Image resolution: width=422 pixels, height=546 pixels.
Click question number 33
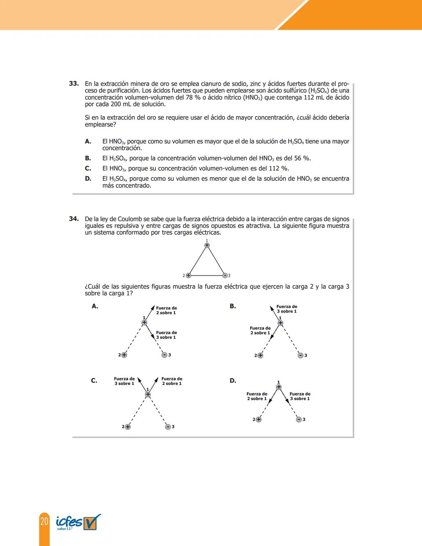click(73, 84)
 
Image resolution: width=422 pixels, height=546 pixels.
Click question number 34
click(73, 219)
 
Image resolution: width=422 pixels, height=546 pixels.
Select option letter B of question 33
click(88, 158)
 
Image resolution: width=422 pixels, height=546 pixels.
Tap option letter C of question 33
click(88, 168)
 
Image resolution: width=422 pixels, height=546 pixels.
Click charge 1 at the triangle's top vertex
click(207, 245)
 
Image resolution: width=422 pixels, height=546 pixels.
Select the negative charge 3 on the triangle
click(225, 276)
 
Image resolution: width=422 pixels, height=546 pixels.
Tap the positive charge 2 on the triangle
click(188, 276)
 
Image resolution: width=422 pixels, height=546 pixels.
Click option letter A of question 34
click(95, 306)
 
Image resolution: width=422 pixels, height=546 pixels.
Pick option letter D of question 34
click(233, 381)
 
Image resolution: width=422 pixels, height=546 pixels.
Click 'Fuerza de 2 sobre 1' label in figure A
click(166, 310)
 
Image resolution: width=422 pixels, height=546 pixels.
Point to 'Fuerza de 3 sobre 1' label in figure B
click(287, 309)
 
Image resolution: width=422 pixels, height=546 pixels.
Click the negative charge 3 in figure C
click(168, 427)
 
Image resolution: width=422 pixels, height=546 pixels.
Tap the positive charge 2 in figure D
click(258, 419)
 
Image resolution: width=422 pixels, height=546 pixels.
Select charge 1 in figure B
click(280, 323)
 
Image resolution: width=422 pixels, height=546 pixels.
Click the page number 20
click(44, 521)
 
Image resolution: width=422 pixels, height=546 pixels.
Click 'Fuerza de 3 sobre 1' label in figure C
click(124, 381)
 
